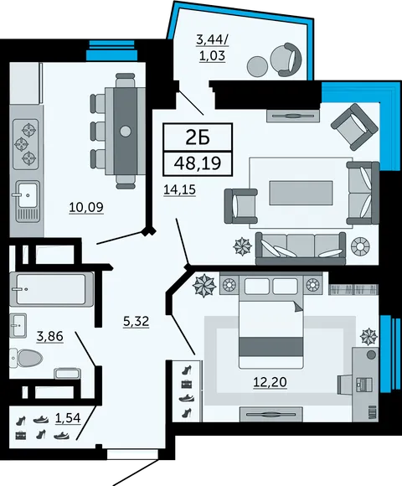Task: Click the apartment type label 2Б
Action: [x=198, y=138]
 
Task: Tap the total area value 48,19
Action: [x=198, y=163]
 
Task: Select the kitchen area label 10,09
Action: [x=86, y=207]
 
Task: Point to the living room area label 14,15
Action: [x=179, y=189]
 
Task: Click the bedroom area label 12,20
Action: [x=270, y=382]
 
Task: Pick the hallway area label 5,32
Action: [x=137, y=322]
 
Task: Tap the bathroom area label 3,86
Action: [x=50, y=336]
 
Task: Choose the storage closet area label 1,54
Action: [x=68, y=418]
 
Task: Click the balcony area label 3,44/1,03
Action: [x=213, y=48]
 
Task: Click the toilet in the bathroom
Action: [x=25, y=358]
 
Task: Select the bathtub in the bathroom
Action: [x=51, y=289]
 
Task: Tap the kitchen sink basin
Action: [x=28, y=195]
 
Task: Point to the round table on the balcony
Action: [x=257, y=66]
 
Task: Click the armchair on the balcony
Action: [x=286, y=59]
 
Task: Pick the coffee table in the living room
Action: [x=301, y=193]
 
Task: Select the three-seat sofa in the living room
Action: [x=301, y=249]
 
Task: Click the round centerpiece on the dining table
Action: [x=125, y=132]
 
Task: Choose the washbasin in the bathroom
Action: [x=18, y=325]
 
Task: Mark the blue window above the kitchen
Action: [x=111, y=50]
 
